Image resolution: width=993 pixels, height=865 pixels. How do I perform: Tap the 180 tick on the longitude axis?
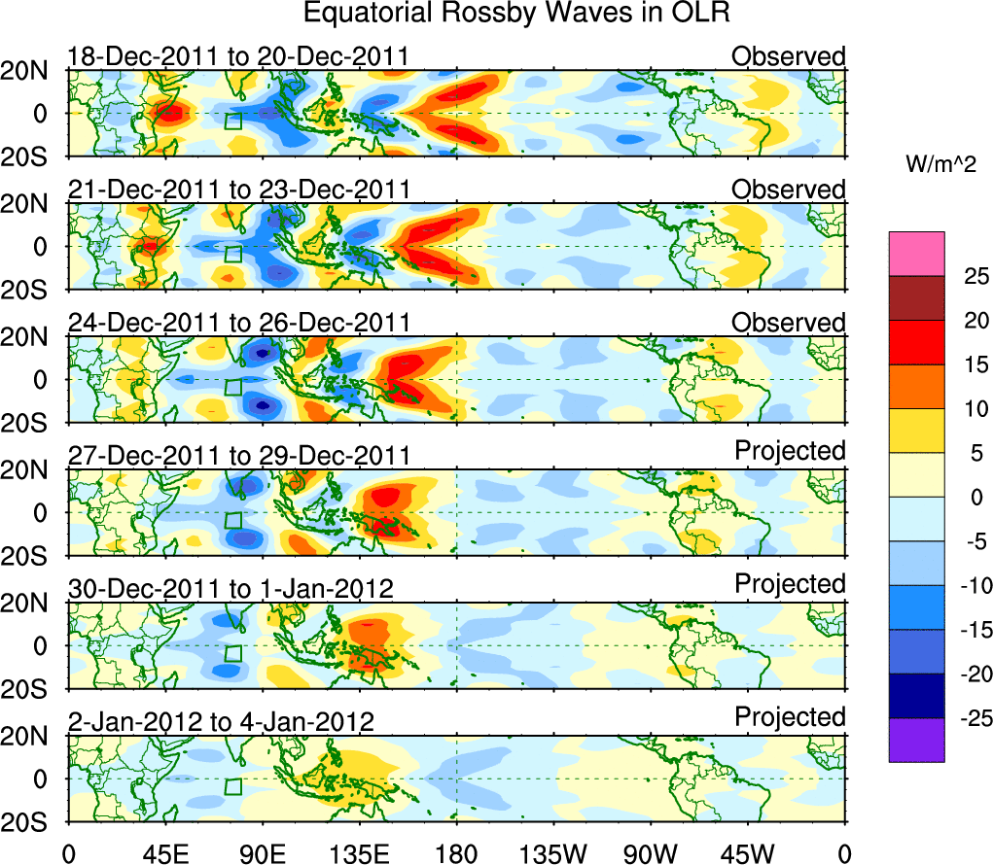456,853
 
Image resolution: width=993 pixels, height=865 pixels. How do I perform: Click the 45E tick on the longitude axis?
164,853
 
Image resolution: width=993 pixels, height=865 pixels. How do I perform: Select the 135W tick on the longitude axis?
553,853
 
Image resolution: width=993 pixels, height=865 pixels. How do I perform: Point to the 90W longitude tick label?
651,853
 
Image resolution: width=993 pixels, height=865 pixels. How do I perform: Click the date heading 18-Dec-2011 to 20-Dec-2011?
237,57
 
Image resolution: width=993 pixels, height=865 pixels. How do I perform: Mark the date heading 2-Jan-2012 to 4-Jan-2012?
221,722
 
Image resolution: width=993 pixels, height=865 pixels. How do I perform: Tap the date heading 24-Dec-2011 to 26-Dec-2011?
238,323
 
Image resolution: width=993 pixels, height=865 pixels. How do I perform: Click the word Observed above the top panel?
788,56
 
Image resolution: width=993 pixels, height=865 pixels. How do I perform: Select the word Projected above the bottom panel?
790,717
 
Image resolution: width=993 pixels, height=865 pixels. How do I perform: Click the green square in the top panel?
232,121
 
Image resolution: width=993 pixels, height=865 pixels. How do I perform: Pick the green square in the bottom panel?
232,787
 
